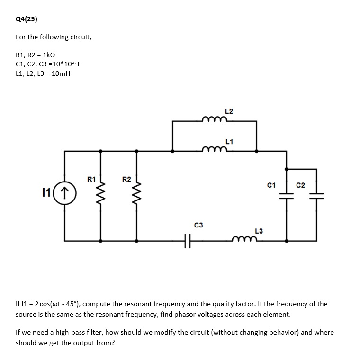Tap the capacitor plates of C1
287,195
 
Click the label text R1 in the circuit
91,180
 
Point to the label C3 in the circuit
198,224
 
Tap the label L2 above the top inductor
229,111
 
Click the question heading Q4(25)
27,19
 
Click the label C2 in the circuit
301,184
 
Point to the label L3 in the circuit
259,231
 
